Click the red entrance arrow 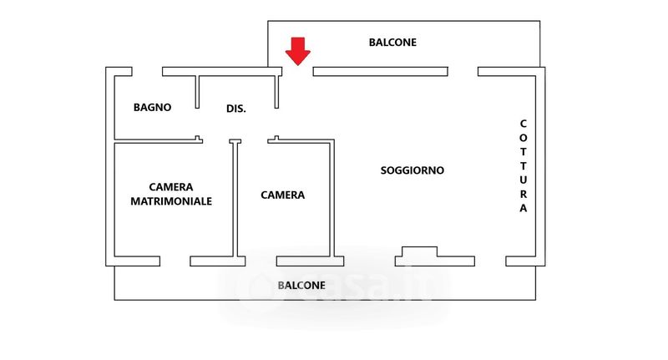[297, 51]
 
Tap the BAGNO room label [153, 107]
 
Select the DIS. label [236, 109]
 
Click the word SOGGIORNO [412, 170]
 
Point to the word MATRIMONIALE [171, 201]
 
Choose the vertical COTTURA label [524, 165]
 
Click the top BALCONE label [392, 42]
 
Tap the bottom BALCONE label [301, 285]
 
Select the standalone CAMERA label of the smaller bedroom [282, 195]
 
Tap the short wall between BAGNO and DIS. [198, 92]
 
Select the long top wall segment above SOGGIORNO [381, 72]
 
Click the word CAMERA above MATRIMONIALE [171, 186]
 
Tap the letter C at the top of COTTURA [524, 124]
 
